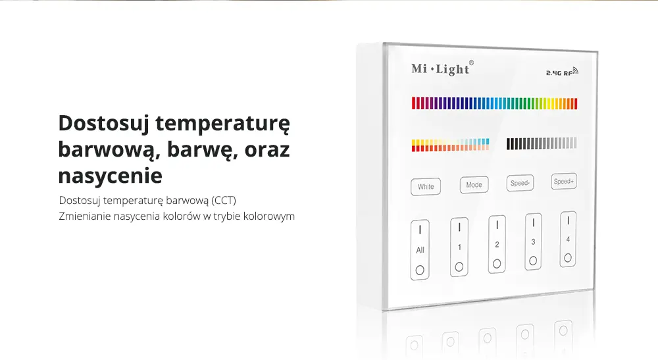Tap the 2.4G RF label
[x=562, y=72]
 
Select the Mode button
[x=474, y=185]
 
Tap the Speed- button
[x=520, y=183]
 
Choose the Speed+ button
[x=564, y=181]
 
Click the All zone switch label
[x=420, y=250]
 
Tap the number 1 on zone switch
[x=459, y=247]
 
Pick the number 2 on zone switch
[x=497, y=245]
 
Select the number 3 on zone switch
[x=533, y=242]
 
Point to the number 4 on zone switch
[x=568, y=240]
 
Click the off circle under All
[x=420, y=270]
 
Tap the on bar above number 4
[x=569, y=220]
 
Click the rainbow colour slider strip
[x=494, y=103]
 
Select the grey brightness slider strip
[x=542, y=143]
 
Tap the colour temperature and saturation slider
[x=450, y=145]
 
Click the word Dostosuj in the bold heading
[x=104, y=124]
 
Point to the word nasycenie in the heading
[x=110, y=176]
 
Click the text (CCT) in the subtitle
[x=223, y=201]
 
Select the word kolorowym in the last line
[x=269, y=217]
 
